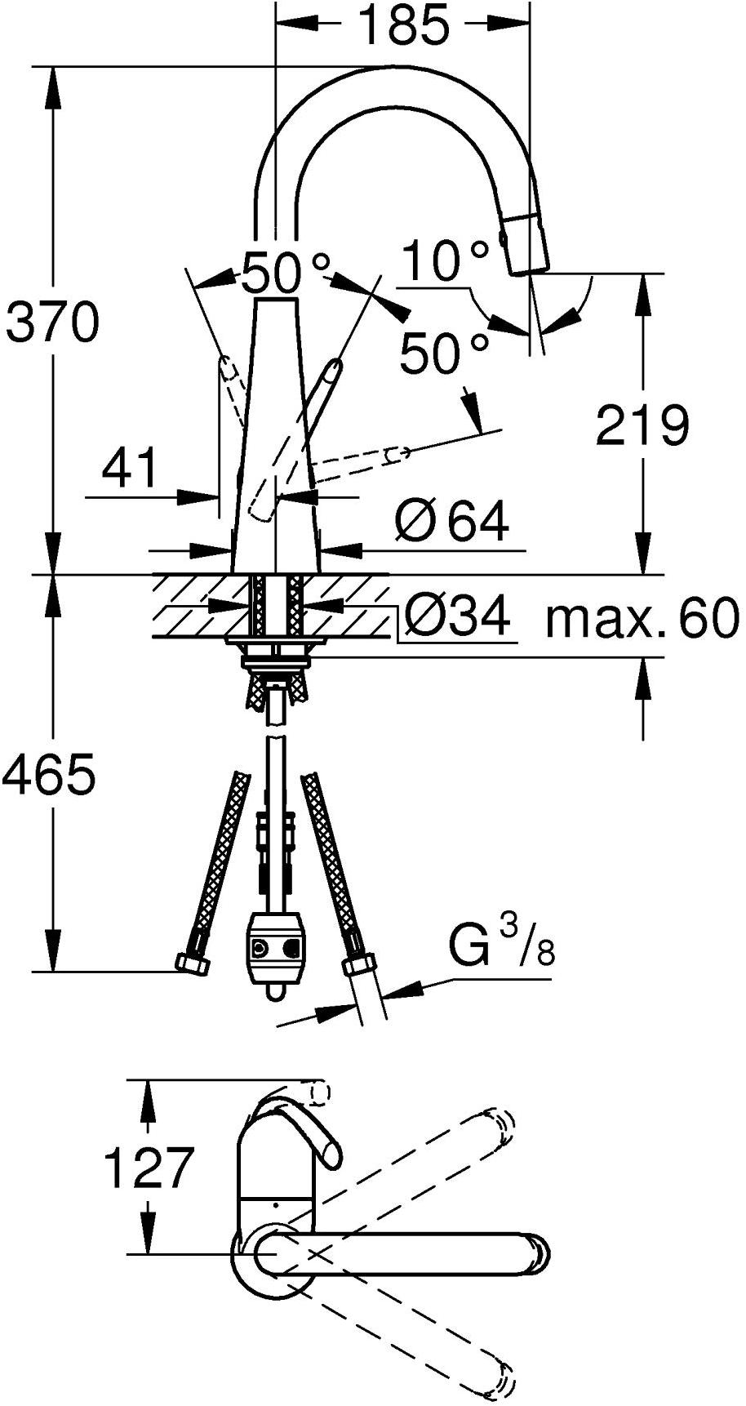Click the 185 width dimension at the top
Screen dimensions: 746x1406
click(x=405, y=25)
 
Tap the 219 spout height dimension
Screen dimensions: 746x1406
click(x=642, y=425)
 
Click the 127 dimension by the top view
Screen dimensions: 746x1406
click(x=148, y=1168)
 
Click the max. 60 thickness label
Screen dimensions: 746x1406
click(x=642, y=618)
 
